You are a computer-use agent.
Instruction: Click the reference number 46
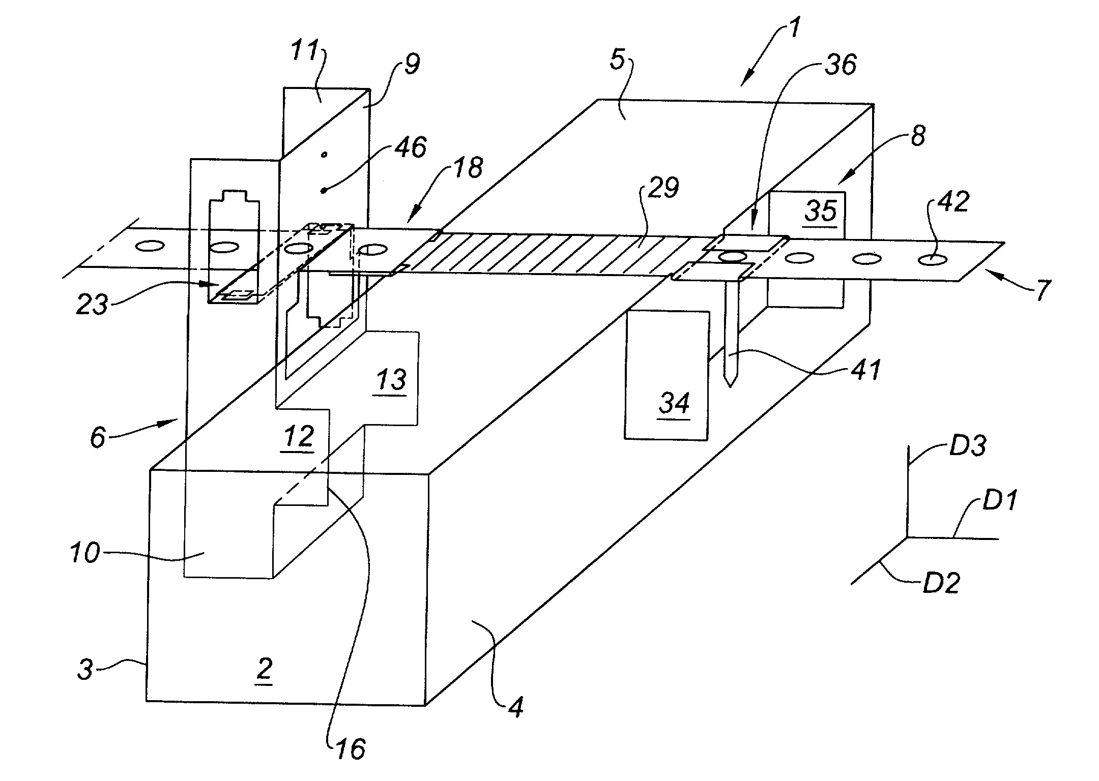coord(410,148)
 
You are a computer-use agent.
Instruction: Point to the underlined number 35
coord(821,211)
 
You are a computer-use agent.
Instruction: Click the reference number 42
coord(953,202)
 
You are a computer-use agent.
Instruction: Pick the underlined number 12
coord(299,436)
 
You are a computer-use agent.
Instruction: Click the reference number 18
coord(468,168)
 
